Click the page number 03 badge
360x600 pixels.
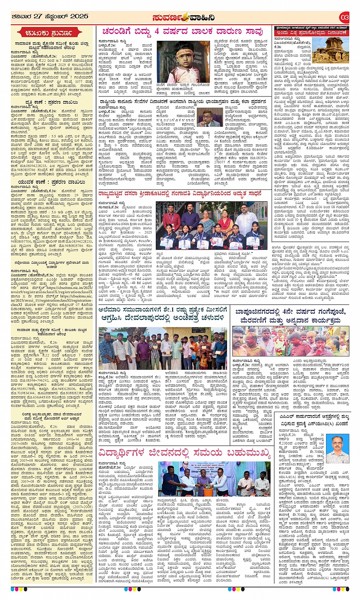[344, 17]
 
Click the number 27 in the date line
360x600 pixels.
[37, 16]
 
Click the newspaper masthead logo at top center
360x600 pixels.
[183, 18]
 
